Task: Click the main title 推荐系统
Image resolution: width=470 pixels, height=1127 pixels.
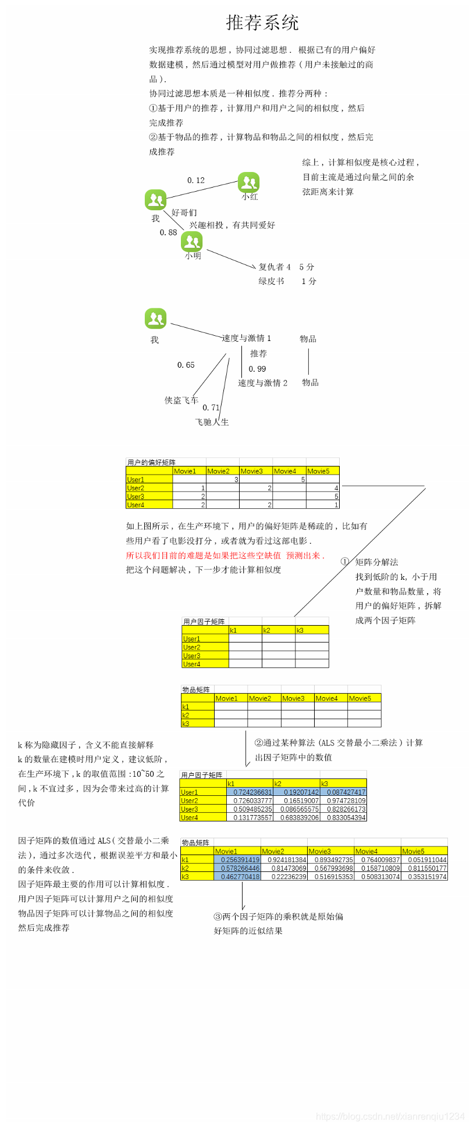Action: pyautogui.click(x=262, y=23)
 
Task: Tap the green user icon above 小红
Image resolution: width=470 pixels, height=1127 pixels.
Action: pyautogui.click(x=248, y=182)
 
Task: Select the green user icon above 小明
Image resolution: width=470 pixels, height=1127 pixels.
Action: pyautogui.click(x=191, y=241)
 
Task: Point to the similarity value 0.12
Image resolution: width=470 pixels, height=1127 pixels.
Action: pyautogui.click(x=196, y=181)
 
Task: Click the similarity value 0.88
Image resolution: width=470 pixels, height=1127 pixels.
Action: pyautogui.click(x=168, y=232)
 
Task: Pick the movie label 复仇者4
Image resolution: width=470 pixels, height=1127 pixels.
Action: pyautogui.click(x=275, y=267)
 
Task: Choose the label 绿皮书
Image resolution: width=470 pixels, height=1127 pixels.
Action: pyautogui.click(x=271, y=281)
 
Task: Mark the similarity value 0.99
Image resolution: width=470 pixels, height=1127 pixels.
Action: pyautogui.click(x=257, y=369)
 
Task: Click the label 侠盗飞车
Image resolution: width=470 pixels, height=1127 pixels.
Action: pyautogui.click(x=181, y=400)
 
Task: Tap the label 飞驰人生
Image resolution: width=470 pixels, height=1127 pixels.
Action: pyautogui.click(x=212, y=422)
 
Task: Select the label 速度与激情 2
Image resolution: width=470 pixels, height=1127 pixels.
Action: pyautogui.click(x=262, y=383)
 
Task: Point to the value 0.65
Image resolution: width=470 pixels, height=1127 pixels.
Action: pyautogui.click(x=186, y=365)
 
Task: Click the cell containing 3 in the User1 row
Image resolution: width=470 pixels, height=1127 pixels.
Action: pyautogui.click(x=223, y=480)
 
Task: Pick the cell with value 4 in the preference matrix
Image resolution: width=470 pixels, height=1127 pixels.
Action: pyautogui.click(x=323, y=488)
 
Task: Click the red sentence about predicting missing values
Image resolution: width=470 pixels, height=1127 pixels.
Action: pyautogui.click(x=225, y=555)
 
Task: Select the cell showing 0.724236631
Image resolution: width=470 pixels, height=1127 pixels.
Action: pyautogui.click(x=250, y=792)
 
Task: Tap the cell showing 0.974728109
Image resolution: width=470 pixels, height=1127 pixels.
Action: pyautogui.click(x=343, y=801)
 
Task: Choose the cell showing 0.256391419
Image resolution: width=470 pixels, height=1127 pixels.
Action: pyautogui.click(x=237, y=860)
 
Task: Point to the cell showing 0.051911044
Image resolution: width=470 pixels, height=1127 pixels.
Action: pyautogui.click(x=424, y=860)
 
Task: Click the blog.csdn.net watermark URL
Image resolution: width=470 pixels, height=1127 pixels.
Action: pyautogui.click(x=390, y=1117)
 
